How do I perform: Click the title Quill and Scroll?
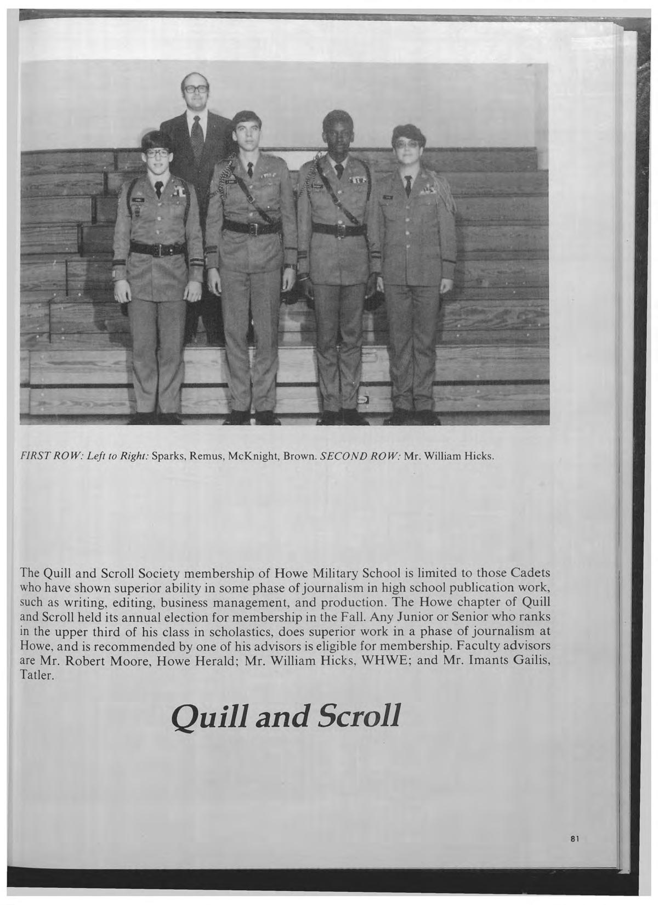click(284, 716)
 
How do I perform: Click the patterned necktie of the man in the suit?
click(197, 137)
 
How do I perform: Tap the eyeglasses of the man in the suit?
click(196, 89)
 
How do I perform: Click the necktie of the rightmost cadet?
click(409, 186)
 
